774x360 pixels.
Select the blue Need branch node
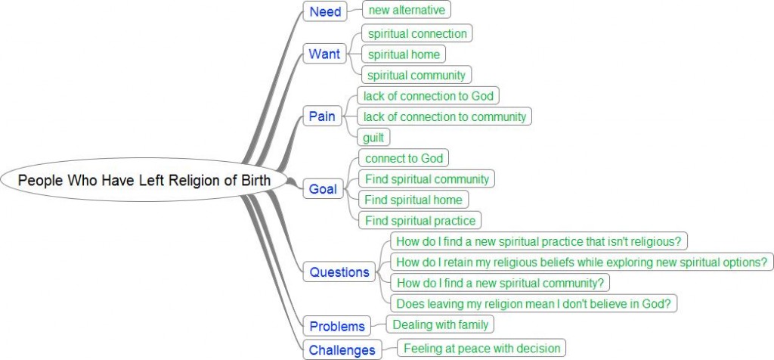325,11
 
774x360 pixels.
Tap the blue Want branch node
324,54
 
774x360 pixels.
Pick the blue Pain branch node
323,116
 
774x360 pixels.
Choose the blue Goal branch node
324,189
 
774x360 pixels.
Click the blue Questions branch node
339,272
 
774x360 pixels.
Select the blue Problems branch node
337,327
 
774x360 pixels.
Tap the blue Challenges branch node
342,349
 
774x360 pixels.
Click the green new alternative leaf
407,10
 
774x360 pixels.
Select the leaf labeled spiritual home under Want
404,54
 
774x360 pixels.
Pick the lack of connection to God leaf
429,96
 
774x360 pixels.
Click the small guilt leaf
374,138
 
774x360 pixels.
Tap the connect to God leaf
404,159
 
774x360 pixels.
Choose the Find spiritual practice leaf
420,221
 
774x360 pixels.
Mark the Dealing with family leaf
441,324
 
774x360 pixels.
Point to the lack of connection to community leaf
444,116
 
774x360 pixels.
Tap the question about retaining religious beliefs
581,262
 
